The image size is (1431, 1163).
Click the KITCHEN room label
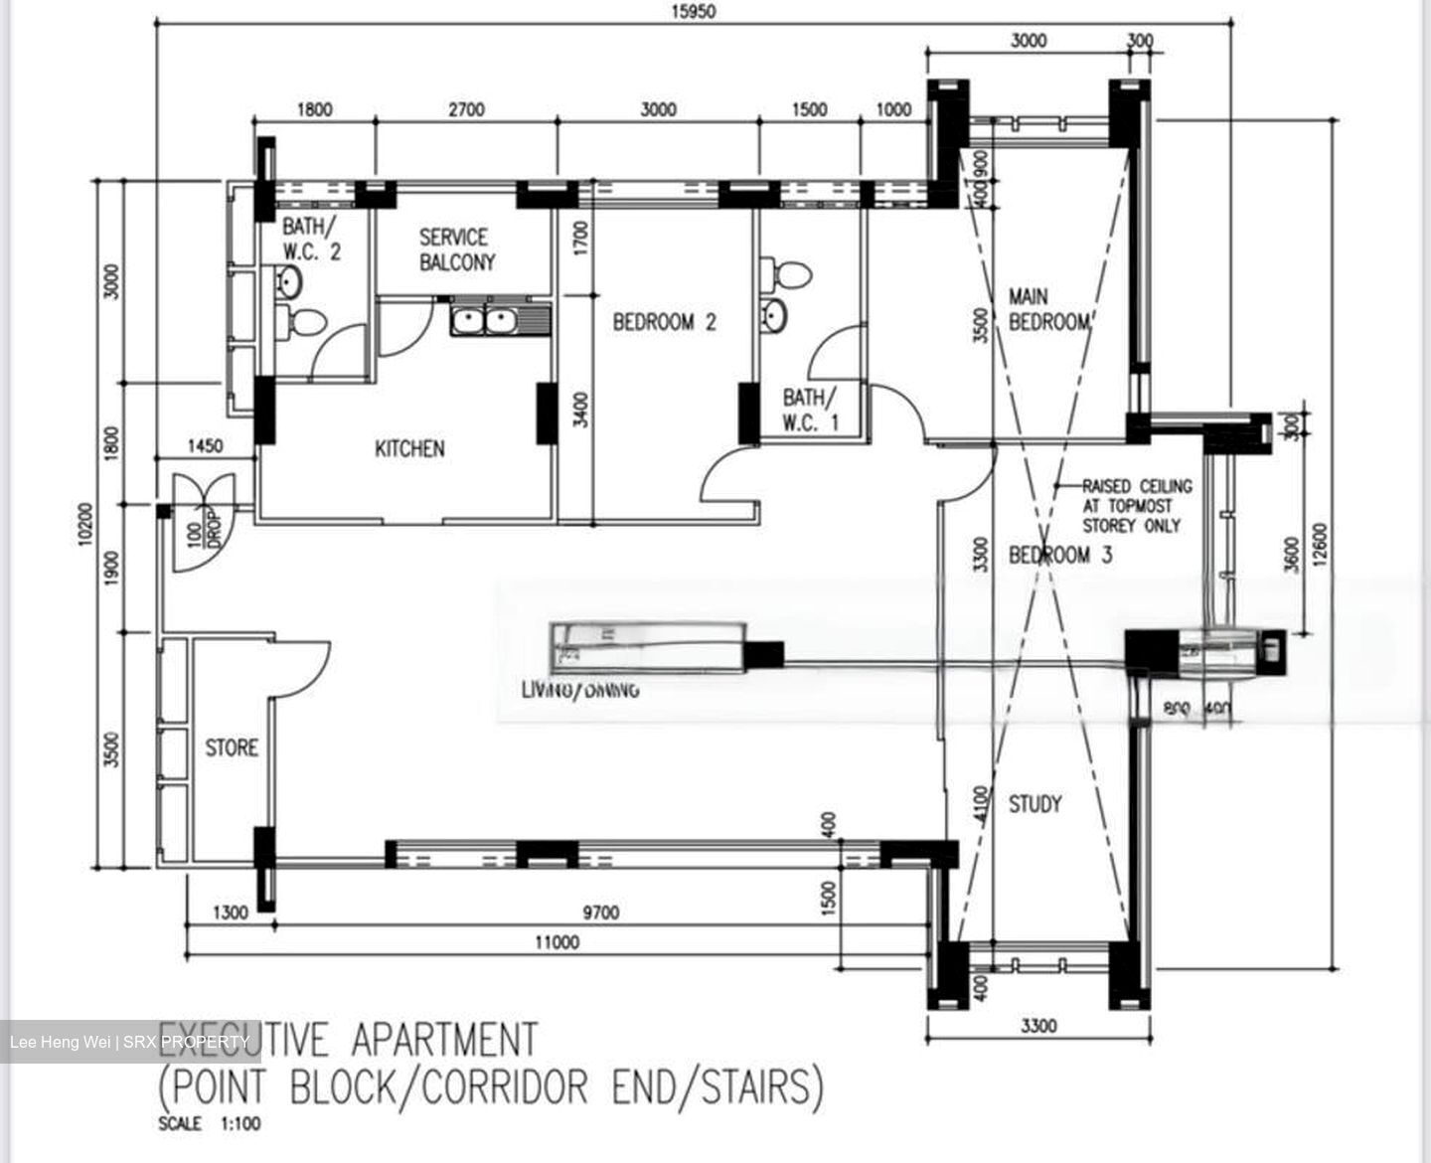[x=409, y=449]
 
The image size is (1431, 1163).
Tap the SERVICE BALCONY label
[x=456, y=249]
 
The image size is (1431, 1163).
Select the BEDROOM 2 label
[x=664, y=322]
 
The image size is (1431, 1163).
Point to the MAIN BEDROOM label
[x=1049, y=309]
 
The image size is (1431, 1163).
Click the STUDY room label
[x=1035, y=803]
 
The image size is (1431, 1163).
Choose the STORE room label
[x=232, y=748]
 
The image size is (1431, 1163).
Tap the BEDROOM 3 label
[x=1061, y=555]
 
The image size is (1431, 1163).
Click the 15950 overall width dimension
[x=693, y=12]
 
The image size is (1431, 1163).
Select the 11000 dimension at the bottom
[x=556, y=942]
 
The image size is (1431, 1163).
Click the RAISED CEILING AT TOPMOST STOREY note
[x=1136, y=506]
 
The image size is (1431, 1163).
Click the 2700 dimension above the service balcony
[x=465, y=109]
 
